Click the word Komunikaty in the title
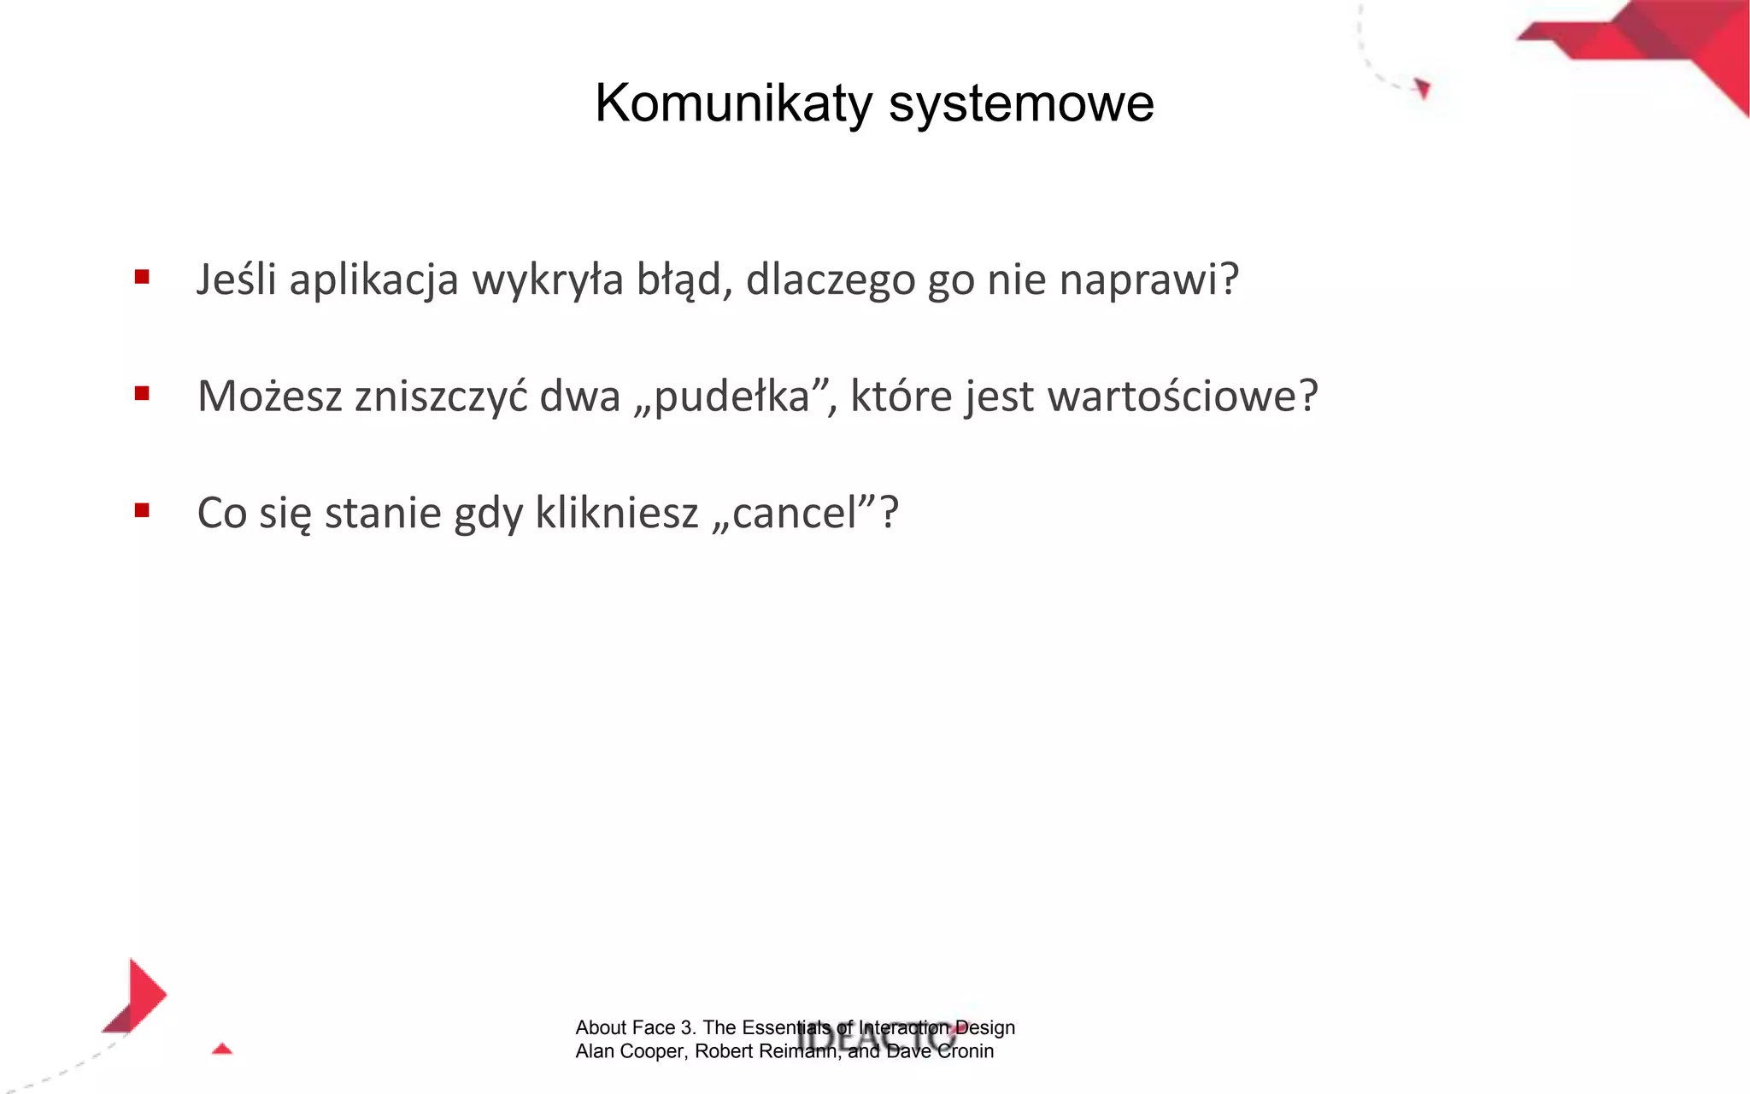coord(733,103)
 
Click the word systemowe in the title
coord(1021,103)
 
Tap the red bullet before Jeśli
coord(142,277)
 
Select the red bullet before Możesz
coord(142,393)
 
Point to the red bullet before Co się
coord(142,510)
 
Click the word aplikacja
coord(373,280)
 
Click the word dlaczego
coord(830,280)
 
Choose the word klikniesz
coord(617,514)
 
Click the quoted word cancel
coord(794,514)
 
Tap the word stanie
coord(382,514)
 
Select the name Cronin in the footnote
coord(966,1051)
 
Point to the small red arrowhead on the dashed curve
coord(1423,88)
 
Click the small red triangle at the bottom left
coord(222,1049)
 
